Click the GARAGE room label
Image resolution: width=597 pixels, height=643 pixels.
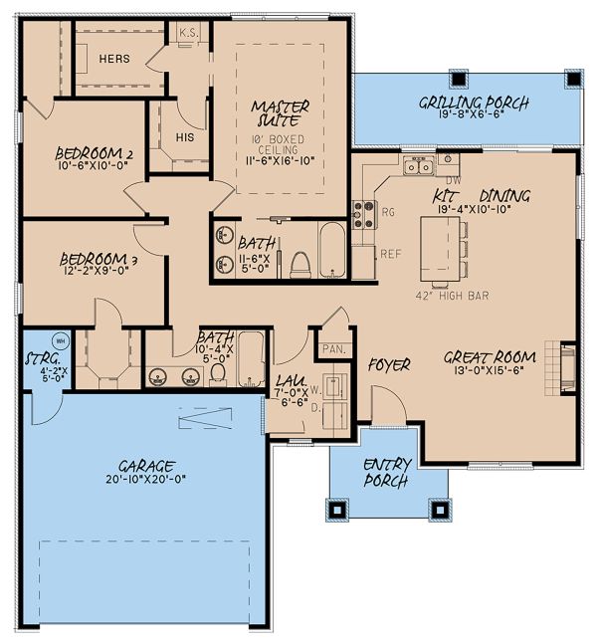tap(144, 465)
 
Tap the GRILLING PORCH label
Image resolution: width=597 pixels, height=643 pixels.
tap(473, 103)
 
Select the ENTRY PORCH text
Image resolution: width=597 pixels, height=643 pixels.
tap(387, 471)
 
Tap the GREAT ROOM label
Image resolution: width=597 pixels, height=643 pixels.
tap(490, 357)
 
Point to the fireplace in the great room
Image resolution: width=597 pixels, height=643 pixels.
tap(566, 370)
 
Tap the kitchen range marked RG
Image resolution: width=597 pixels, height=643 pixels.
tap(365, 211)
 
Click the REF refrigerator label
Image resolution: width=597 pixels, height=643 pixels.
tap(391, 254)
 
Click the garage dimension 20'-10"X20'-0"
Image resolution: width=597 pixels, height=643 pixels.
tap(144, 479)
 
